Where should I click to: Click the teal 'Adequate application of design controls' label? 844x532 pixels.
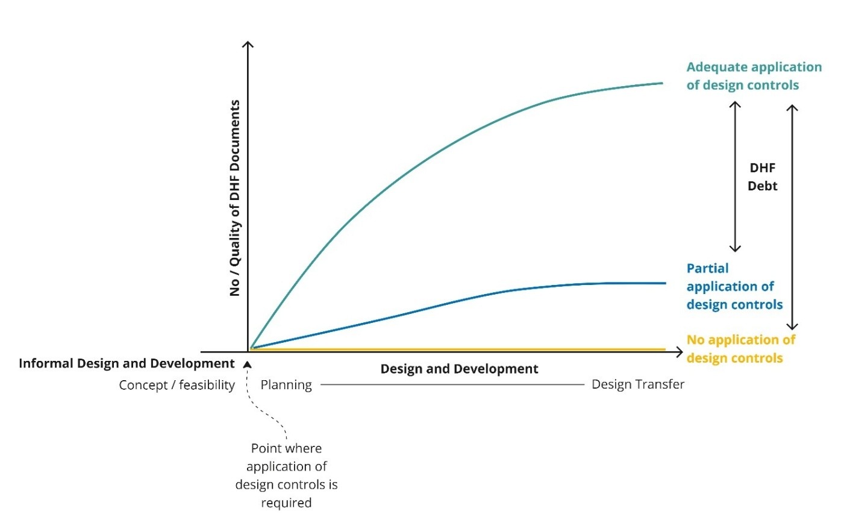pos(753,76)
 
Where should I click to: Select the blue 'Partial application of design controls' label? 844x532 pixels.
pos(734,286)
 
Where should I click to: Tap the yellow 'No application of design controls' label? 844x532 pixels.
pos(740,349)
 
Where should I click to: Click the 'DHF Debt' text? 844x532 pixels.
pos(762,177)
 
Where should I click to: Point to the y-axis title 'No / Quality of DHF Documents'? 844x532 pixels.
pos(235,198)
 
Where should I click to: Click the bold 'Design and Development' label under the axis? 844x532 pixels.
pos(459,369)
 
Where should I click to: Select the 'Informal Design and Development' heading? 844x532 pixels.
pos(127,363)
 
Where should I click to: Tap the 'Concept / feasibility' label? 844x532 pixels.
pos(177,385)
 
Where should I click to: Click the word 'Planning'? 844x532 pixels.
pos(286,385)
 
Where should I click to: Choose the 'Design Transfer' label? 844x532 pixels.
pos(637,384)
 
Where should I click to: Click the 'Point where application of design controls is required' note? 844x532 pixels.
pos(286,475)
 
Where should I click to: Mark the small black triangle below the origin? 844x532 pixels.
pos(247,365)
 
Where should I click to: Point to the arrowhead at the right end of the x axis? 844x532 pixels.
pos(680,352)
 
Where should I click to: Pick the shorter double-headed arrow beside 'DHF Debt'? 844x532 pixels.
pos(735,177)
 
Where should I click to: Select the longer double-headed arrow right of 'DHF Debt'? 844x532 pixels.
pos(792,217)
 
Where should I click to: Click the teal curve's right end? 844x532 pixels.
pos(661,83)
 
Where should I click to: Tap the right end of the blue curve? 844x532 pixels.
pos(664,283)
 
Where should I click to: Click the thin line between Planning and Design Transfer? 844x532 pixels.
pos(452,384)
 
